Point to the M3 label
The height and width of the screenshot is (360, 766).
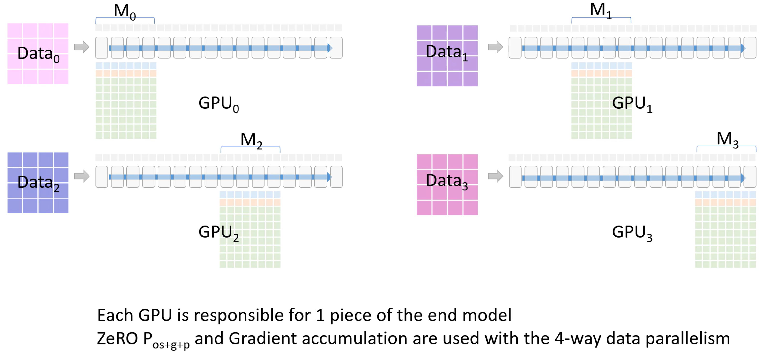(728, 140)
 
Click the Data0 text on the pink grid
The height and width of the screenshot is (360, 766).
(39, 54)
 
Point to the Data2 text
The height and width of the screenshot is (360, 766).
(39, 183)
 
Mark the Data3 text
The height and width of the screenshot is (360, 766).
(447, 181)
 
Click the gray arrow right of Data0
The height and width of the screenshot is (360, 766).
(82, 47)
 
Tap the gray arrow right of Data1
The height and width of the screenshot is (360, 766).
(495, 47)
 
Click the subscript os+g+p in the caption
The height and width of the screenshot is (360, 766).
(171, 345)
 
